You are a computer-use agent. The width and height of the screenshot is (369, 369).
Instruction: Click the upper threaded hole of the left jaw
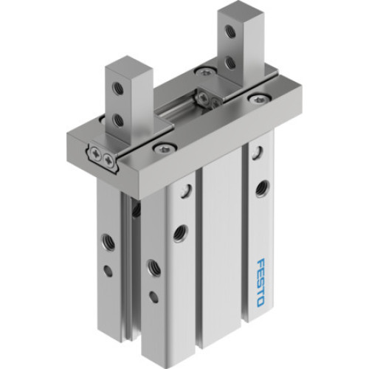tap(117, 88)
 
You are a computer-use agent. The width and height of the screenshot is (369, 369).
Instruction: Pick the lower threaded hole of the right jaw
tap(232, 63)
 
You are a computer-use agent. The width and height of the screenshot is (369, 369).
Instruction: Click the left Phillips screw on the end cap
tap(97, 154)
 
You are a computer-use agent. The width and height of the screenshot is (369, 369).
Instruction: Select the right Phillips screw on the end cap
tap(109, 158)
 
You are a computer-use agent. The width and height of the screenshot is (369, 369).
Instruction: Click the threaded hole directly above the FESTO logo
tap(261, 188)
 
